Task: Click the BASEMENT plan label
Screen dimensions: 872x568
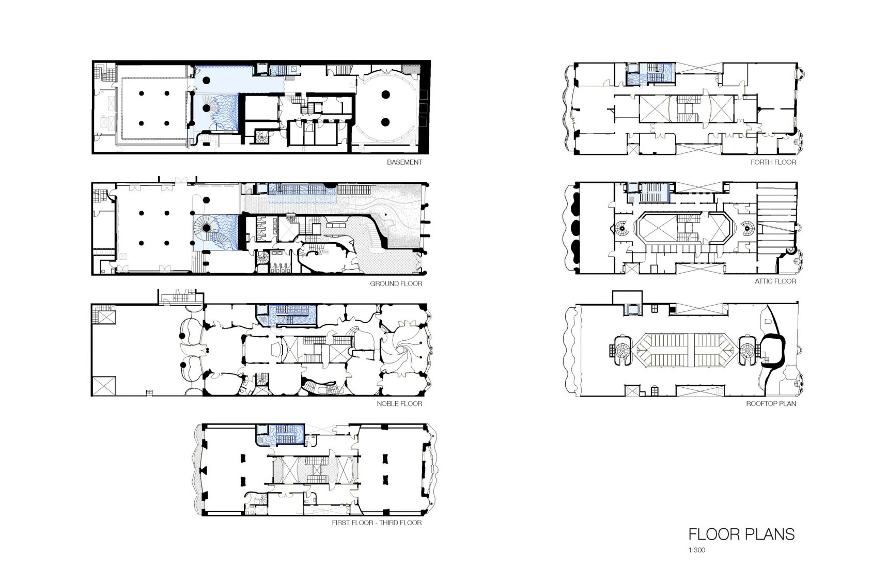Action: pos(404,162)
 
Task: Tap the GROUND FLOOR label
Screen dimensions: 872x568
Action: pos(396,283)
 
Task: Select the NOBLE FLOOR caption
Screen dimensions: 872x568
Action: pos(399,404)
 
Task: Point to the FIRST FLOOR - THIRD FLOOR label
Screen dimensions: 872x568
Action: pos(377,523)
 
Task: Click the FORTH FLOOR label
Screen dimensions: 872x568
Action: pos(773,162)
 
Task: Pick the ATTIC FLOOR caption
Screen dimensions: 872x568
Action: pos(775,281)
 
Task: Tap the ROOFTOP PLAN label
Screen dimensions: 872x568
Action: pos(771,404)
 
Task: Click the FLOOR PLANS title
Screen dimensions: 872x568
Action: pos(741,534)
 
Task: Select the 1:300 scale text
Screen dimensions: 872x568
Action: pos(696,550)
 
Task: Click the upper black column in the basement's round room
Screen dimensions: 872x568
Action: pos(385,94)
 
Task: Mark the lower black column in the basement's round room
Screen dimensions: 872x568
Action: pos(385,122)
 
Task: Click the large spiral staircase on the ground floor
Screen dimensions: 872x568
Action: pos(206,228)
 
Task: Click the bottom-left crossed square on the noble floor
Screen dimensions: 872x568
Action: pos(104,386)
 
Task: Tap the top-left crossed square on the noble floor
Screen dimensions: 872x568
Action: pos(105,315)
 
